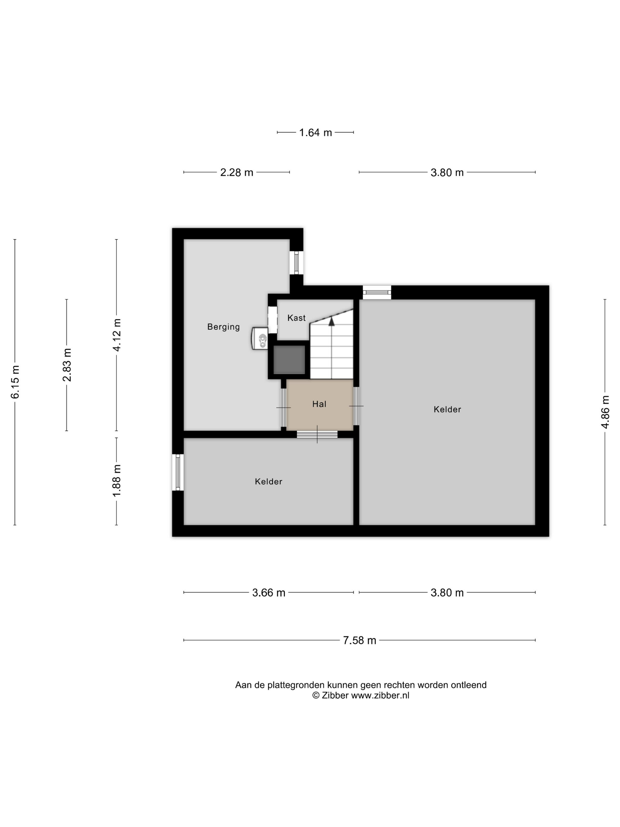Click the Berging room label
coord(223,327)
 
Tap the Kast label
coord(296,318)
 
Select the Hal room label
coord(319,404)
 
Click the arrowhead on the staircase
coord(332,321)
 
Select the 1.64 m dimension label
coord(315,132)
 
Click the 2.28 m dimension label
coord(236,172)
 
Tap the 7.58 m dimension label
coord(360,640)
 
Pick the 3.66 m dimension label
coord(269,592)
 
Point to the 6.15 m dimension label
coord(15,382)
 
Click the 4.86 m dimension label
coord(605,412)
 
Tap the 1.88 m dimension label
coord(117,481)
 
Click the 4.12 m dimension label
coord(117,335)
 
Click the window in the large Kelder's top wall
coord(377,292)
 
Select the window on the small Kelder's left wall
coord(178,472)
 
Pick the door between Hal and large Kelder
coord(356,406)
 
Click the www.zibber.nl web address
coord(380,695)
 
